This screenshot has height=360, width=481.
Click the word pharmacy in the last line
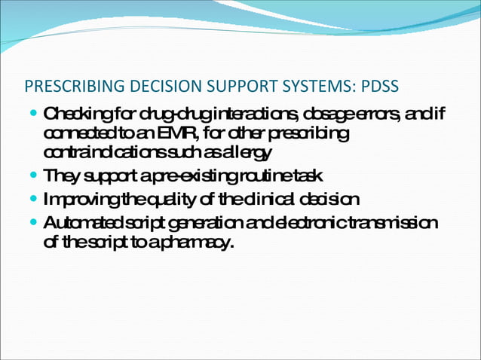coord(200,243)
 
